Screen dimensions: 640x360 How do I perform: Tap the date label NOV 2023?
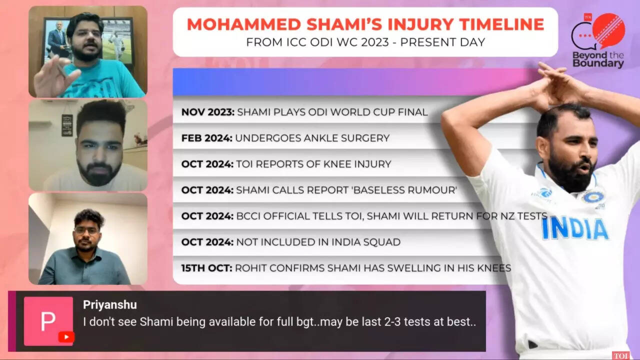pos(207,112)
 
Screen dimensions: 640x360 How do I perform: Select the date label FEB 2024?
pos(207,138)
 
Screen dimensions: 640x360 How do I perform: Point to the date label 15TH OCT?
pos(206,268)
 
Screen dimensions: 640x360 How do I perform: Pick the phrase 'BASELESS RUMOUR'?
pos(405,190)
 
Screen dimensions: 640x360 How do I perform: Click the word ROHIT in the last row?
pos(250,268)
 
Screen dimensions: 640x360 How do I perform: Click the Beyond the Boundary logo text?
pos(598,59)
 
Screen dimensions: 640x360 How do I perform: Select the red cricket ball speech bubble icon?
pos(608,31)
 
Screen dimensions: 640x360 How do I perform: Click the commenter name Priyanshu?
pos(110,305)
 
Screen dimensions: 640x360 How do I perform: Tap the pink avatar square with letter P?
pos(48,321)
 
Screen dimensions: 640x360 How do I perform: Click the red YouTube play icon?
pos(66,337)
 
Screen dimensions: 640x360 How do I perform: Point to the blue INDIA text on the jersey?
pos(574,228)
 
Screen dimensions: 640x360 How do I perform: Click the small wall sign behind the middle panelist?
pos(67,125)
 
